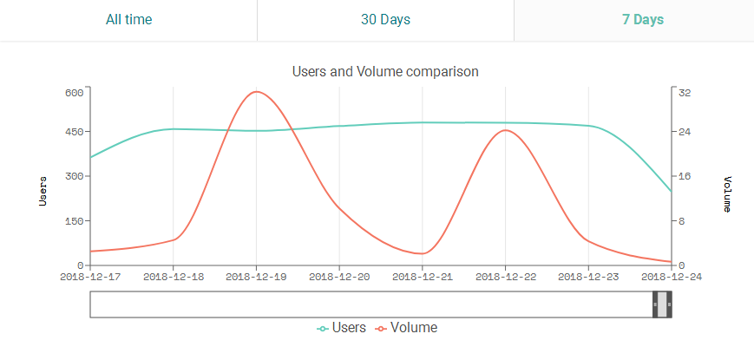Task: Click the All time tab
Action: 128,20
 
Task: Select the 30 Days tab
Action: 385,20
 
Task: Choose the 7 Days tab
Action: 642,20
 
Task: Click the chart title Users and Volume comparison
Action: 385,71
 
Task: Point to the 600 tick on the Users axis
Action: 73,92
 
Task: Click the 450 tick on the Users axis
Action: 73,132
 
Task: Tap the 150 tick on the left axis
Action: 73,220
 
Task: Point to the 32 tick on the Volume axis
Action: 685,92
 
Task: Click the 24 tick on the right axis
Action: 685,132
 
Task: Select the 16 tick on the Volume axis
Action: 685,176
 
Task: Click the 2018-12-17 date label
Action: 89,277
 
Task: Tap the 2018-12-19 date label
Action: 256,277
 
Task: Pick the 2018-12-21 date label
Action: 422,277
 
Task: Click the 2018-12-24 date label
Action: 672,277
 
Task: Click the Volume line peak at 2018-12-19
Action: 256,91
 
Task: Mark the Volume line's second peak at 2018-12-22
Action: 505,130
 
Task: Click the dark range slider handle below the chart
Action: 662,304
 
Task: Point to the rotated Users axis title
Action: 43,190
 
